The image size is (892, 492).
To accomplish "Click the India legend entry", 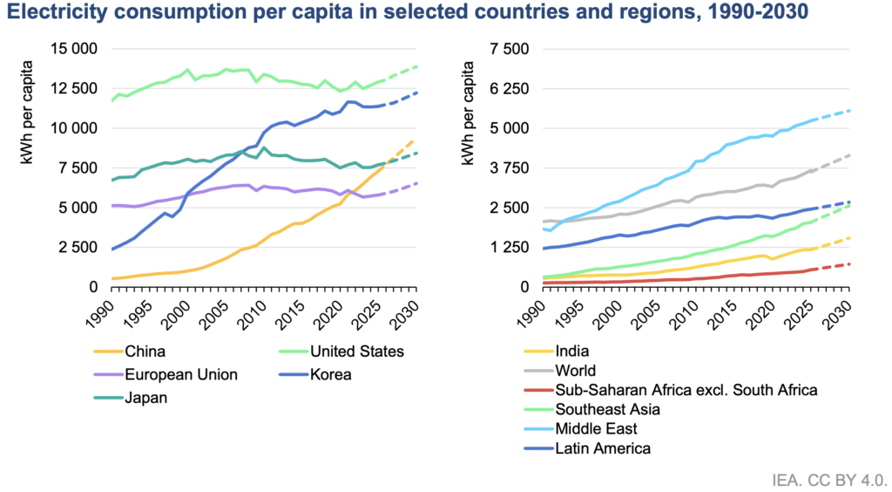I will (x=571, y=352).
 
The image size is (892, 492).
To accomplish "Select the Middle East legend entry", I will (x=596, y=429).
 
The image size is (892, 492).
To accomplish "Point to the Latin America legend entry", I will (x=603, y=448).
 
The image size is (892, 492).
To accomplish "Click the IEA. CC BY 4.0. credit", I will (x=829, y=479).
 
